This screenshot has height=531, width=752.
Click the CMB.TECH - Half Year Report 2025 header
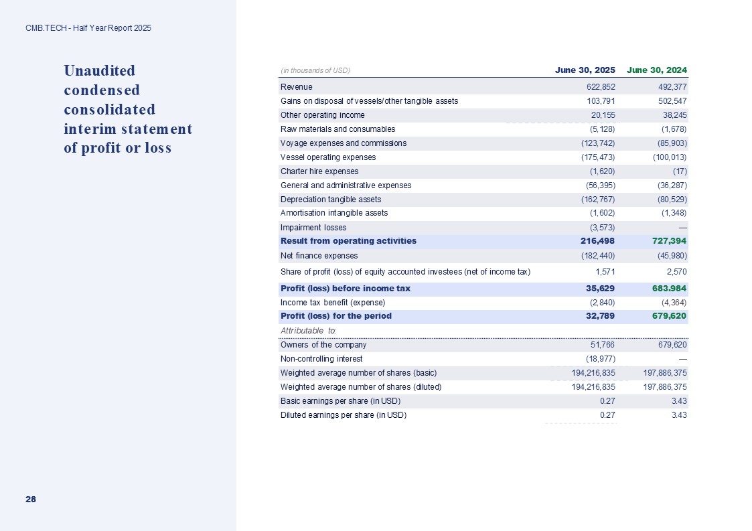[88, 28]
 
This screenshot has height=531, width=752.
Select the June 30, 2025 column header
[585, 70]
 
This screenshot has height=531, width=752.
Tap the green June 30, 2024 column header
[657, 70]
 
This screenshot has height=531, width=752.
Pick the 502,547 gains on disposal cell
[671, 101]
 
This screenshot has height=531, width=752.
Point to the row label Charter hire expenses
[319, 171]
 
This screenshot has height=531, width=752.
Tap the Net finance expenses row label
[319, 256]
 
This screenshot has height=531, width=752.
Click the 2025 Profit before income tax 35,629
[599, 289]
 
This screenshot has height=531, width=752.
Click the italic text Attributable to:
[308, 331]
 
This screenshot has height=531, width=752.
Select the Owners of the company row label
[323, 345]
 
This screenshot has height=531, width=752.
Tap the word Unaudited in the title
[99, 70]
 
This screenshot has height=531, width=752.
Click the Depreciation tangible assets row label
[331, 200]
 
